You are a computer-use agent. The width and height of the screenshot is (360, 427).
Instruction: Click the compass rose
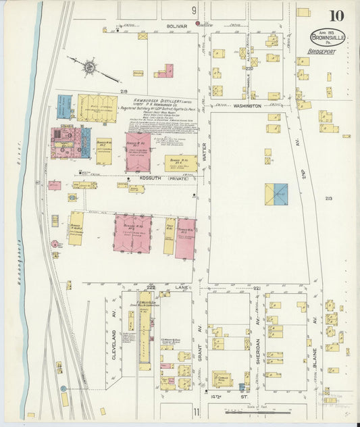click(88, 66)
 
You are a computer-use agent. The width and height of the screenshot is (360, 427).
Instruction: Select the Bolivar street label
click(157, 28)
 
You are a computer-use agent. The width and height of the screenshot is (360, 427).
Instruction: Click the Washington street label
click(247, 106)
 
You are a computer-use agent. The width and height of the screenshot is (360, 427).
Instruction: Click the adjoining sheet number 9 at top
click(194, 10)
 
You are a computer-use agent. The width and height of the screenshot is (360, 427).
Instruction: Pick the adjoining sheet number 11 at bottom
click(195, 411)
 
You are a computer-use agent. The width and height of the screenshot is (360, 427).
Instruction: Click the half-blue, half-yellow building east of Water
click(276, 194)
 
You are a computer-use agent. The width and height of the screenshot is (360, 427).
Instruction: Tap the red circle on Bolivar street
click(198, 24)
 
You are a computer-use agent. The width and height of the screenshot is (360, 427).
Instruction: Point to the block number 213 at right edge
click(329, 198)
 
